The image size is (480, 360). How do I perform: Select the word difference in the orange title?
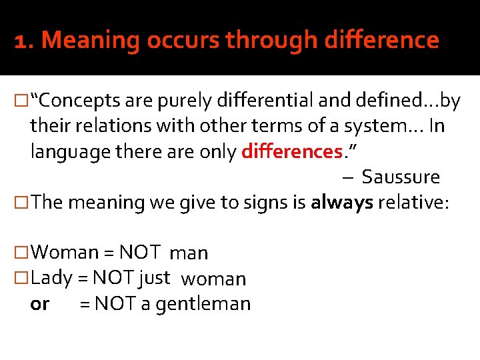382,41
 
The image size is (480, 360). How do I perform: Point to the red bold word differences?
291,151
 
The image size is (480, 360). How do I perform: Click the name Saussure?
401,177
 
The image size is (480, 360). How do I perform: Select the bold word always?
341,203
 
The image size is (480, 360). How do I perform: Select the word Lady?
51,277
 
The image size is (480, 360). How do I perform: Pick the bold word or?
40,304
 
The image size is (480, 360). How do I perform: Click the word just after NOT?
155,277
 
